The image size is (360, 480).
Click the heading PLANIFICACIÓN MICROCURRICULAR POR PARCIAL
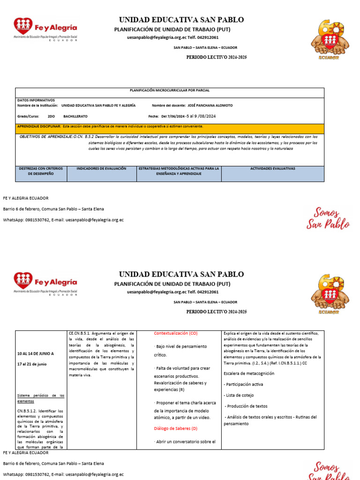coord(169,90)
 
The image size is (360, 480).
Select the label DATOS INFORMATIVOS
coord(36,100)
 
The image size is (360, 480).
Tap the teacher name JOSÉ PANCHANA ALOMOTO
coord(210,105)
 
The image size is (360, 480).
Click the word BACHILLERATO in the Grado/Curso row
coord(75,116)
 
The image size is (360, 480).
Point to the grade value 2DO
coord(51,116)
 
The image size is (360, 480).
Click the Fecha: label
coord(153,116)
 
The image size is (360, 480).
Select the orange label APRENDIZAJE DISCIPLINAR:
coord(39,127)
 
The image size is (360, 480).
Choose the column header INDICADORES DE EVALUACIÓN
coord(101,168)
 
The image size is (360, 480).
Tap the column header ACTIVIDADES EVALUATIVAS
coord(272,168)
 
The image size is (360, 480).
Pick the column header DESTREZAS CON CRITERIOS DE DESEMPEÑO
coord(41,171)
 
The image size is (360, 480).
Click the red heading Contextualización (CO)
coord(176,333)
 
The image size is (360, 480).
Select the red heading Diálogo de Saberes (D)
coord(176,428)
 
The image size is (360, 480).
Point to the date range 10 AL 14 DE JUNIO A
coord(36,353)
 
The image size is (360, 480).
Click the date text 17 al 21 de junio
coord(32,364)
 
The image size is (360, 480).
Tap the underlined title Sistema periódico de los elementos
coord(41,398)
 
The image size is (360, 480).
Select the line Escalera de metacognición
coord(249,374)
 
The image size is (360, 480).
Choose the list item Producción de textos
coord(247,406)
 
